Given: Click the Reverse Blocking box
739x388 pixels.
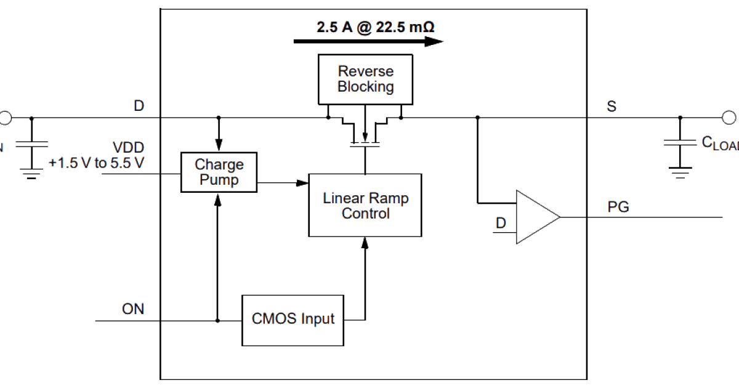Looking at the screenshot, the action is (365, 79).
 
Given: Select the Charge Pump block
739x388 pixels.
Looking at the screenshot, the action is (219, 172).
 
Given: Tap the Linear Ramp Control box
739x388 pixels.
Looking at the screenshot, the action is (365, 205).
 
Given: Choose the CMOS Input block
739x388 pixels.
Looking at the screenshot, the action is (293, 320).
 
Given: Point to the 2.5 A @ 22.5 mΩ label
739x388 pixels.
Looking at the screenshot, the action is (376, 27).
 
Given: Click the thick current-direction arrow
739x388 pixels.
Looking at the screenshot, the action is (368, 42).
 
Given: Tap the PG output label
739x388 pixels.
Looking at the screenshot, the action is (618, 207).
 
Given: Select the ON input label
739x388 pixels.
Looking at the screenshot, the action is (133, 309).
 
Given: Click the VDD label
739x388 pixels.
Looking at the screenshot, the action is (128, 147).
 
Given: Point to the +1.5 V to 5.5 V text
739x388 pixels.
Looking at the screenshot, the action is (96, 163).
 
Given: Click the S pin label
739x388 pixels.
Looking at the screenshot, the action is (612, 106).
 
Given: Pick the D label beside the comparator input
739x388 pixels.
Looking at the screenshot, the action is (501, 223).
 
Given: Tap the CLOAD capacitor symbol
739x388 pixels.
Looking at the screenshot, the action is (680, 142).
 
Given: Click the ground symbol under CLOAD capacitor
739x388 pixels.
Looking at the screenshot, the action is (680, 173).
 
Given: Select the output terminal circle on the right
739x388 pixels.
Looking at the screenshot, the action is (729, 118).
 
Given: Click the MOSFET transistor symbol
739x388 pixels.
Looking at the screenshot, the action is (365, 131).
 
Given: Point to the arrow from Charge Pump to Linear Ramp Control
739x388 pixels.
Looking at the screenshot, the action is (283, 183).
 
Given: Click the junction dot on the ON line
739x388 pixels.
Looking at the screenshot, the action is (217, 321).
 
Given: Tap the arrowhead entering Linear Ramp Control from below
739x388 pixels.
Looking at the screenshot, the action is (365, 243).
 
